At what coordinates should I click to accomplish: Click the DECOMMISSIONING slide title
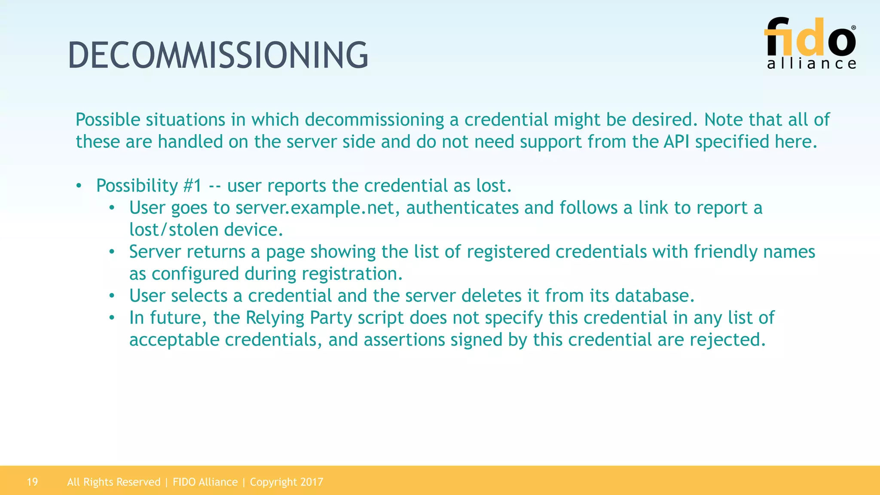(x=218, y=55)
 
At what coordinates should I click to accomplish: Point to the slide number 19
(x=32, y=482)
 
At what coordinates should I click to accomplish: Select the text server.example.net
(x=314, y=208)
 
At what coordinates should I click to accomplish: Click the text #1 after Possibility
(x=192, y=186)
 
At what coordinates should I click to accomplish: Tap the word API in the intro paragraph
(x=677, y=142)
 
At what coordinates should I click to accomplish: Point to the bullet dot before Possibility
(x=79, y=186)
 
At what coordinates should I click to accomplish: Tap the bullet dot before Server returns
(x=112, y=252)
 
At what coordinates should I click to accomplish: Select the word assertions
(x=404, y=340)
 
